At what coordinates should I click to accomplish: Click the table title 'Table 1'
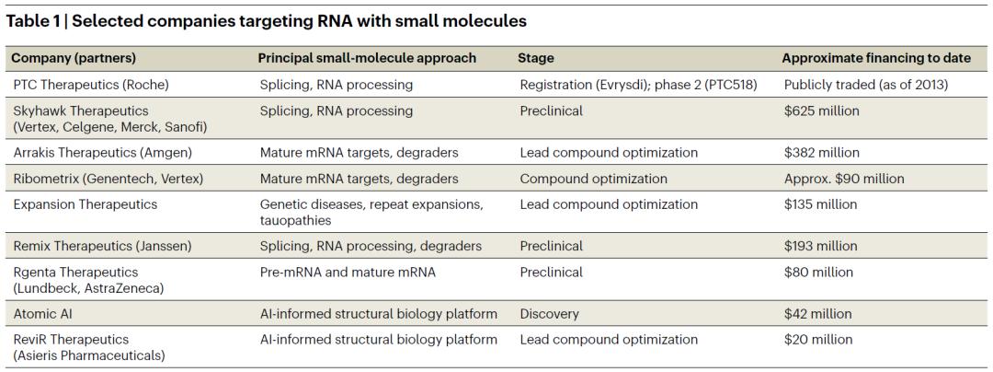click(31, 21)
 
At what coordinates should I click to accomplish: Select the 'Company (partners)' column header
click(74, 58)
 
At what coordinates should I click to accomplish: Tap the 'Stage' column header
click(536, 58)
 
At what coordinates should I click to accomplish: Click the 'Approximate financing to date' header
click(876, 58)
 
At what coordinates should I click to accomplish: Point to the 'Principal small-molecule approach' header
click(367, 58)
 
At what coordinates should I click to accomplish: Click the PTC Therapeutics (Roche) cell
click(90, 85)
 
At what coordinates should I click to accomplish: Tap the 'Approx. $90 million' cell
click(841, 179)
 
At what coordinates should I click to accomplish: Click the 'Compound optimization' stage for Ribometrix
click(593, 179)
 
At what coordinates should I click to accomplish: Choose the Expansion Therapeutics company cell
click(85, 204)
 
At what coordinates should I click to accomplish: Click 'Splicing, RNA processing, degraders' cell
click(371, 246)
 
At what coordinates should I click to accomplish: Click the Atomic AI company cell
click(43, 314)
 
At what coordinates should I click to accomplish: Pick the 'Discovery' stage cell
click(549, 314)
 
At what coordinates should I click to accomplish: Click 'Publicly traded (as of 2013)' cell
click(866, 85)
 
